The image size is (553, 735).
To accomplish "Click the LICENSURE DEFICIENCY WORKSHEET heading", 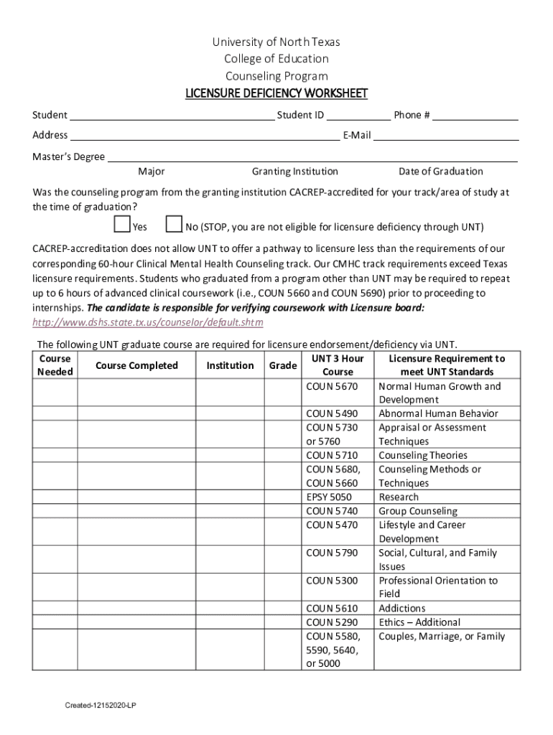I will tap(276, 94).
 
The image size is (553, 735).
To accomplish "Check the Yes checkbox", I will tap(122, 225).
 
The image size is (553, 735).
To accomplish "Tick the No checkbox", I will tap(173, 225).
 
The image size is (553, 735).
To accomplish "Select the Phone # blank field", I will tap(475, 116).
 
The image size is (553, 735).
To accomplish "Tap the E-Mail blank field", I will tap(446, 136).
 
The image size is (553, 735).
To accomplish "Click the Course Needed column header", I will tap(55, 365).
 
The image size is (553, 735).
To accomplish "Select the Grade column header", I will tap(283, 366).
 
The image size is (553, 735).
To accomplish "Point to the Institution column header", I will tap(230, 366).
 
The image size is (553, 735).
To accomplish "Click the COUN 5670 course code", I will tap(331, 386).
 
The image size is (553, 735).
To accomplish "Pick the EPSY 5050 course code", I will tap(329, 497).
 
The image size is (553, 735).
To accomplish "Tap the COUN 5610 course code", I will tap(331, 609).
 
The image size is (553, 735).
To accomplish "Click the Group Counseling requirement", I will tap(418, 511).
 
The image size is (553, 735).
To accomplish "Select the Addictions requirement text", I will tap(402, 609).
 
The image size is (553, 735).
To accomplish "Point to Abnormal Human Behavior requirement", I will tap(438, 414).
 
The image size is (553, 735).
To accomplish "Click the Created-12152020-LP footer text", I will tap(101, 706).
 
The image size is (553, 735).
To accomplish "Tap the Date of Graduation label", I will tap(441, 172).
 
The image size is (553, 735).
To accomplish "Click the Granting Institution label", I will tap(294, 172).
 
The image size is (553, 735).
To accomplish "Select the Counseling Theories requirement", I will tap(423, 456).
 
